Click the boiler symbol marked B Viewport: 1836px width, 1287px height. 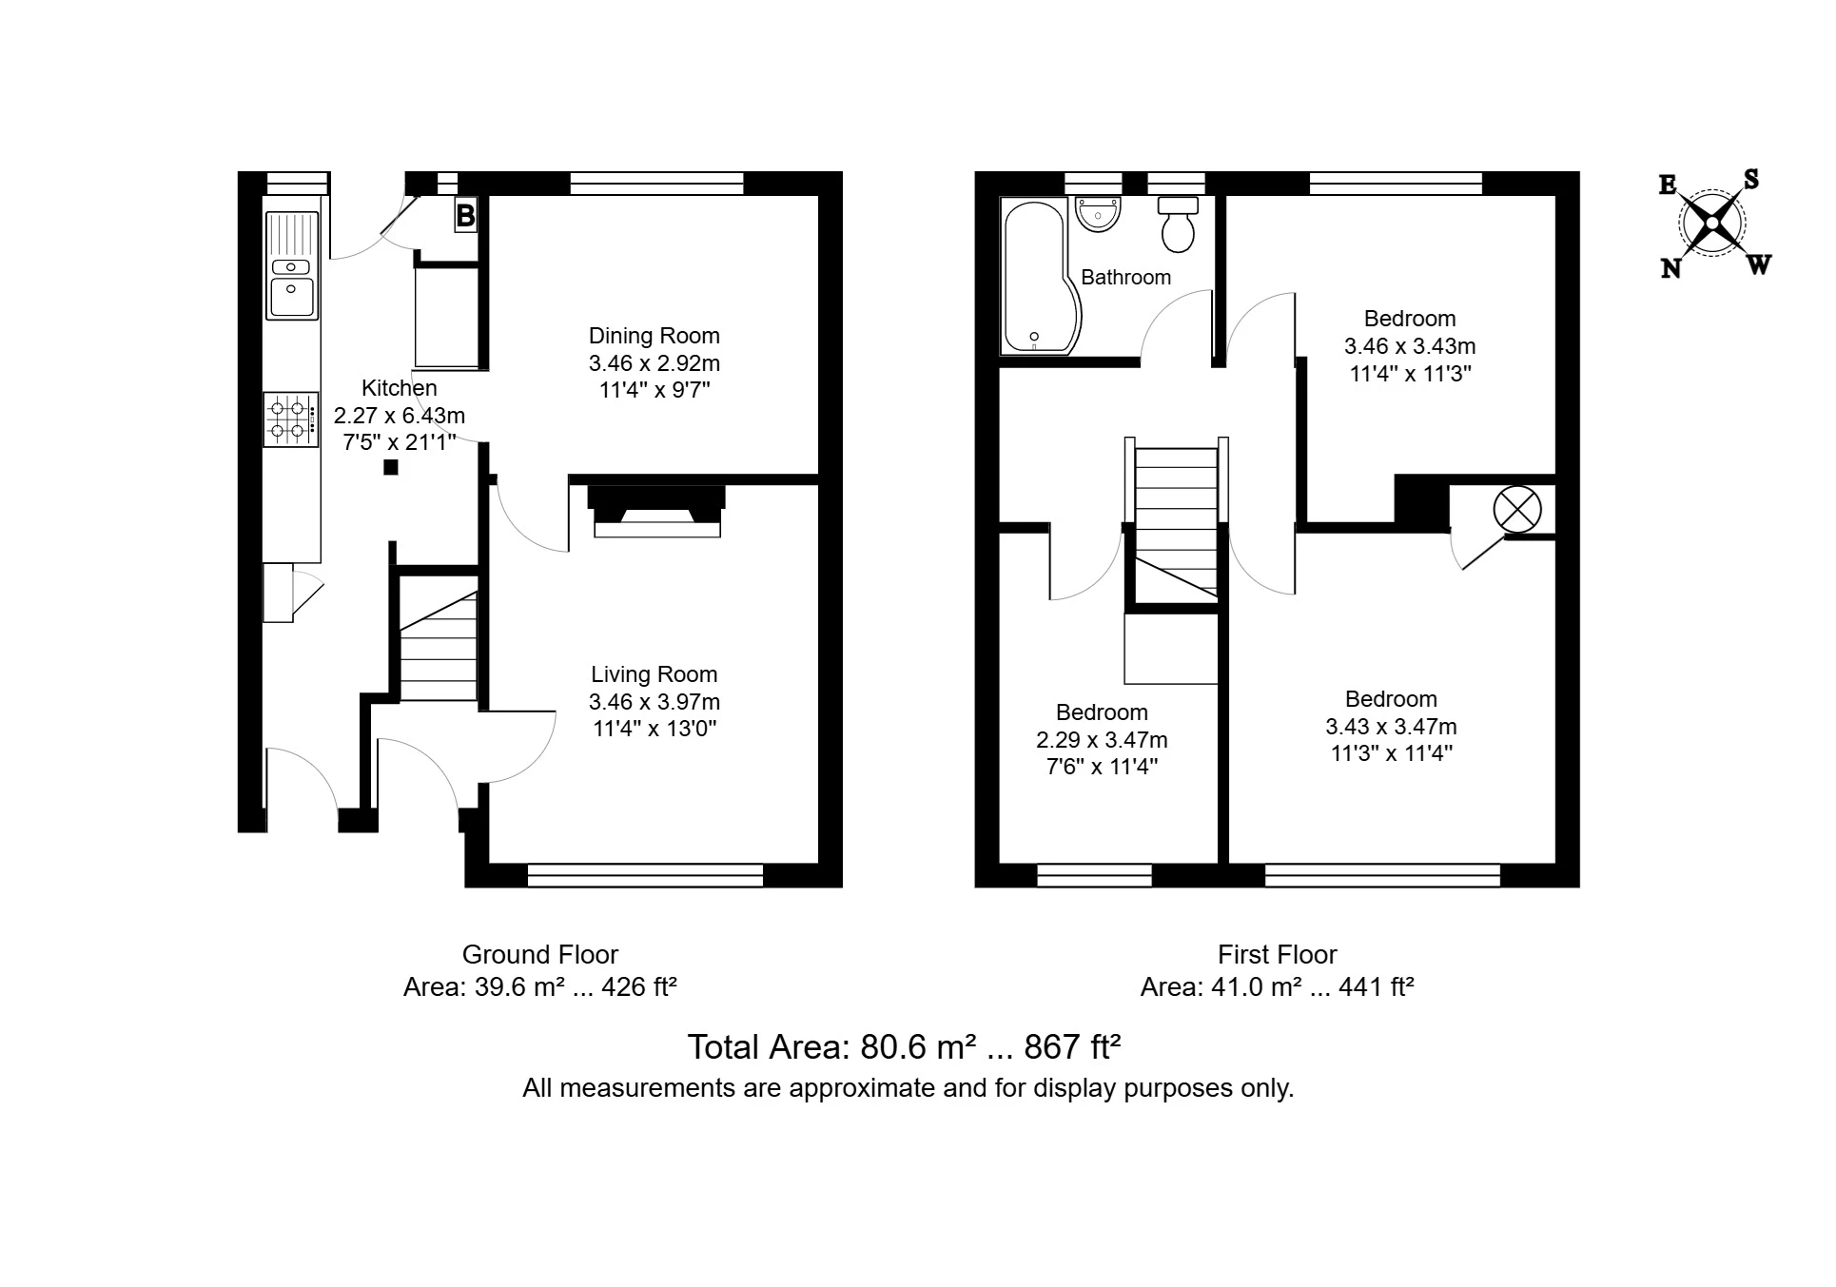[465, 216]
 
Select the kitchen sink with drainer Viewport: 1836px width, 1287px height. [292, 265]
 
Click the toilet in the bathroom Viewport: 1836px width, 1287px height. [1179, 225]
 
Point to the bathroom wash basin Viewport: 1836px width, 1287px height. [1099, 214]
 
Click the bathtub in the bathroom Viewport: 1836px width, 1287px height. [1035, 276]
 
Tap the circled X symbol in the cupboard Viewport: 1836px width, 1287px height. [1516, 510]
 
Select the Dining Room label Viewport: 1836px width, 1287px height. [654, 336]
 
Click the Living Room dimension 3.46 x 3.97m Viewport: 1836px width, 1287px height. [654, 702]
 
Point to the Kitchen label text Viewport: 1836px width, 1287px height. [400, 388]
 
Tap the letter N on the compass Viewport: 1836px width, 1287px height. [1670, 269]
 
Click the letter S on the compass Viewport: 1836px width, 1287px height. [1750, 179]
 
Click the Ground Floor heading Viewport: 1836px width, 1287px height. [539, 955]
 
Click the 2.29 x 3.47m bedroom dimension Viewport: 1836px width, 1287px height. [1102, 740]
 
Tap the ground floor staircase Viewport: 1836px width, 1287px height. [438, 647]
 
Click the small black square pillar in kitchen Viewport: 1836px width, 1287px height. [390, 467]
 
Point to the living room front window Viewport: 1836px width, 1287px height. [645, 875]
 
